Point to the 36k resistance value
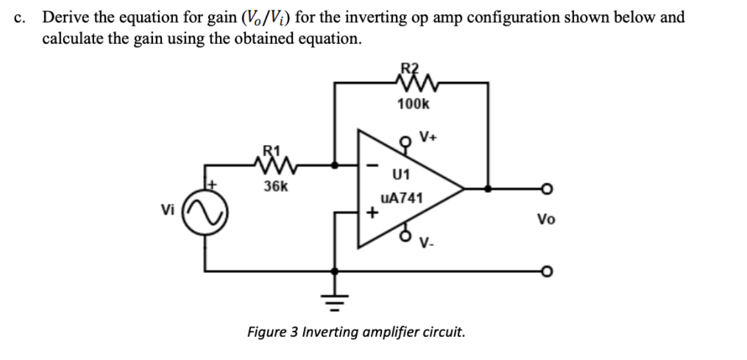click(275, 188)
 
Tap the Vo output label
click(545, 220)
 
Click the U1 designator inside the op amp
click(401, 174)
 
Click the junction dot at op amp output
click(488, 189)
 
